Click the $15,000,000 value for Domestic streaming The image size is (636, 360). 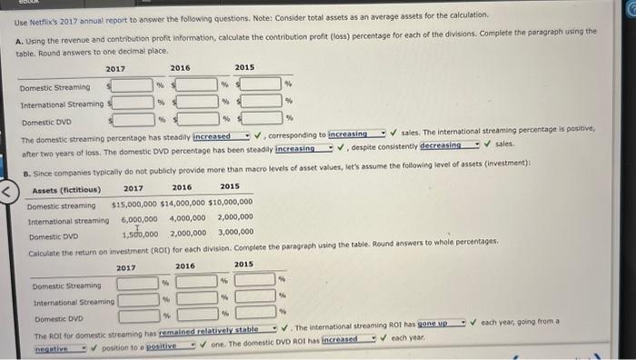[x=139, y=203]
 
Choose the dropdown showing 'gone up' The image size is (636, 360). [x=442, y=323]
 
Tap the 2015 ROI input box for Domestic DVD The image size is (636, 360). [x=255, y=315]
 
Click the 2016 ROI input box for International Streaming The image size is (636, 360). [x=196, y=297]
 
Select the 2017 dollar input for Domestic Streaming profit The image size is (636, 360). [x=133, y=85]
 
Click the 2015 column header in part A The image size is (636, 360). [x=244, y=68]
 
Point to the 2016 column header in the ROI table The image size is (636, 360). [x=185, y=265]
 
